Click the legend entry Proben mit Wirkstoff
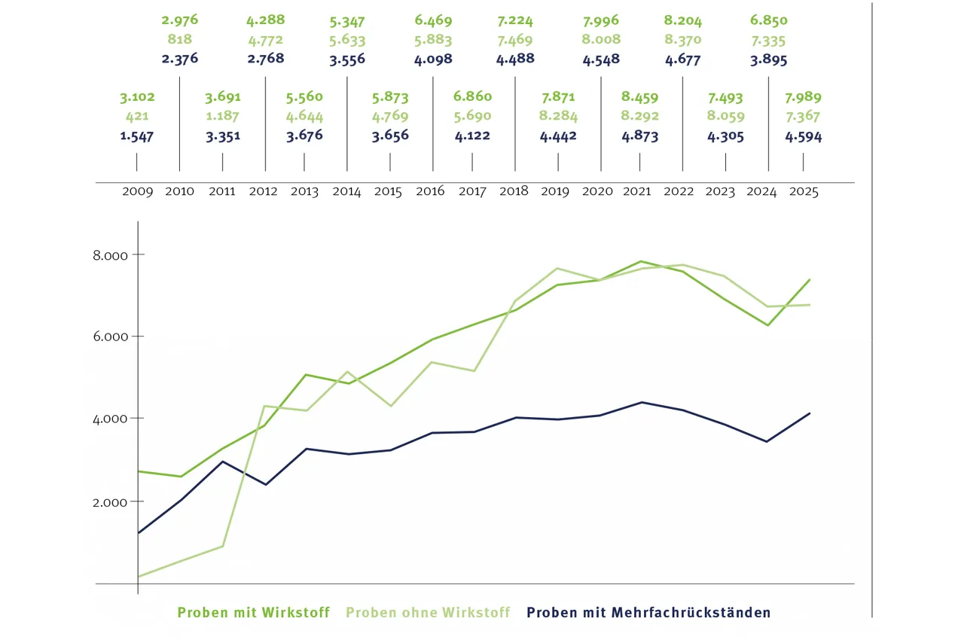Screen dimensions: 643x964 click(254, 613)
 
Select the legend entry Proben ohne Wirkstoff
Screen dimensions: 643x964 click(428, 613)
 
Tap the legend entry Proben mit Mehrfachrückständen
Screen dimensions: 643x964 click(648, 613)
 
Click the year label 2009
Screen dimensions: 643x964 click(137, 192)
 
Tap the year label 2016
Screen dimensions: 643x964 click(430, 192)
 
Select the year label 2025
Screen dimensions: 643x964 click(803, 192)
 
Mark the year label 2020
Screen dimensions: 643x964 click(597, 192)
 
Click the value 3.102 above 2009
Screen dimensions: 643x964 click(136, 97)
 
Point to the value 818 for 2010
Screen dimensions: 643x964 click(180, 40)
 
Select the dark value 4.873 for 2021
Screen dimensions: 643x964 click(639, 136)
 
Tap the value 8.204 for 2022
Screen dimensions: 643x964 click(682, 20)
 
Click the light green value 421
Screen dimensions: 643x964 click(136, 117)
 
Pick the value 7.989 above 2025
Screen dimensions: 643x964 click(803, 97)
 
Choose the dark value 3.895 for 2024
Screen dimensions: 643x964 click(768, 59)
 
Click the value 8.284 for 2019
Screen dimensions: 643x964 click(558, 117)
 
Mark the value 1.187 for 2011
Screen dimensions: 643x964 click(222, 117)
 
